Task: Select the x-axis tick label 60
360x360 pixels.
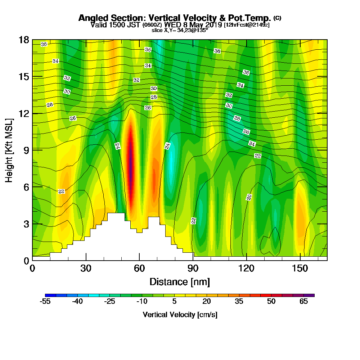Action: pyautogui.click(x=139, y=269)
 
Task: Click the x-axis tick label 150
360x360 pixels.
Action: pyautogui.click(x=300, y=269)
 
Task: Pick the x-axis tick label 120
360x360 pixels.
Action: pyautogui.click(x=246, y=269)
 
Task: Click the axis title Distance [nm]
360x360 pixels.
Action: pyautogui.click(x=180, y=282)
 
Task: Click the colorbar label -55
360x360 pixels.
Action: pyautogui.click(x=46, y=302)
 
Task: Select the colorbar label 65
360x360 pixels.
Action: pyautogui.click(x=304, y=302)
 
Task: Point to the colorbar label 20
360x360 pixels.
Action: pyautogui.click(x=207, y=302)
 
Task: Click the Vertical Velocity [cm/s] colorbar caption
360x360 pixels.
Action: pyautogui.click(x=180, y=315)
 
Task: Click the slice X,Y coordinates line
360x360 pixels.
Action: pyautogui.click(x=180, y=30)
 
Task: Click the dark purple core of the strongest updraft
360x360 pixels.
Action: pyautogui.click(x=130, y=158)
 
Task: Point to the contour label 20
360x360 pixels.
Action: pyautogui.click(x=249, y=197)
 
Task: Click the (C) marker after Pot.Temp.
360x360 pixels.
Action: pyautogui.click(x=277, y=18)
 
